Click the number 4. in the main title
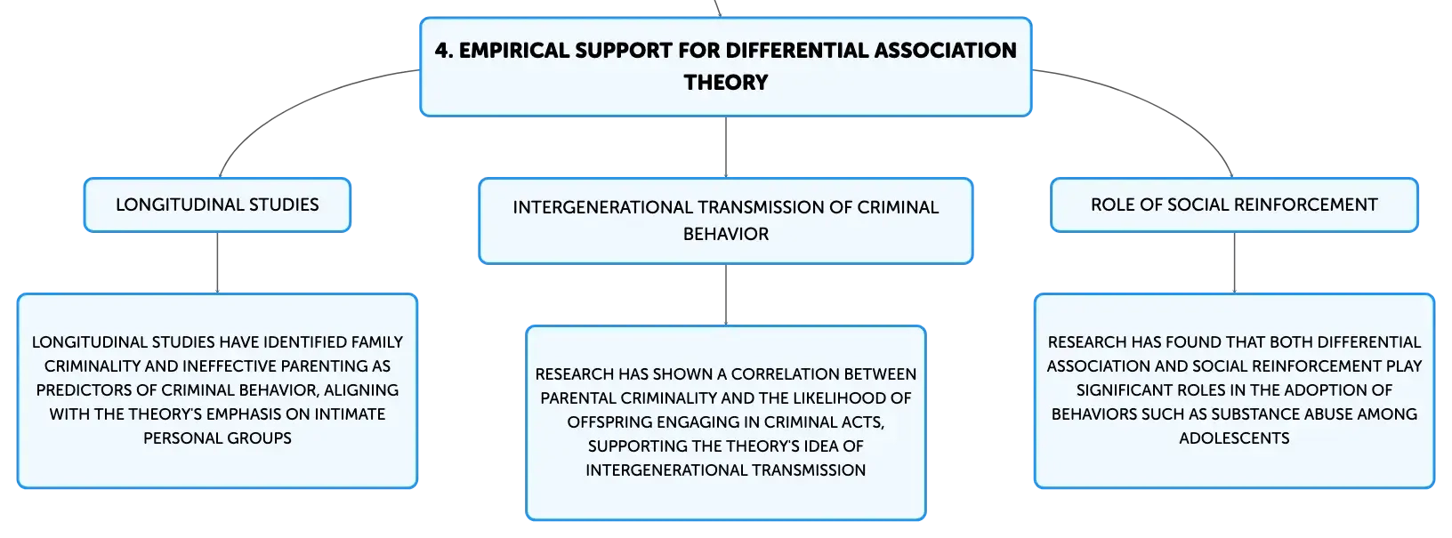[443, 51]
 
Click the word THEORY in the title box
[725, 83]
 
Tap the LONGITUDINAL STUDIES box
[217, 205]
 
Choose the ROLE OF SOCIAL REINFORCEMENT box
[1234, 205]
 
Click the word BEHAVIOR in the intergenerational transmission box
[725, 234]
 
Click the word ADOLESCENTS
[1234, 438]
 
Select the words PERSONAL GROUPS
[217, 438]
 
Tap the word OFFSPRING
[610, 422]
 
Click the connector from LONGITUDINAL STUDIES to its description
[217, 262]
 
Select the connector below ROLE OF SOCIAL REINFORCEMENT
[1234, 262]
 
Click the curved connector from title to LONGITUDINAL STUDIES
[295, 104]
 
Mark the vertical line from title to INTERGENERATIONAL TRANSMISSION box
[726, 147]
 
